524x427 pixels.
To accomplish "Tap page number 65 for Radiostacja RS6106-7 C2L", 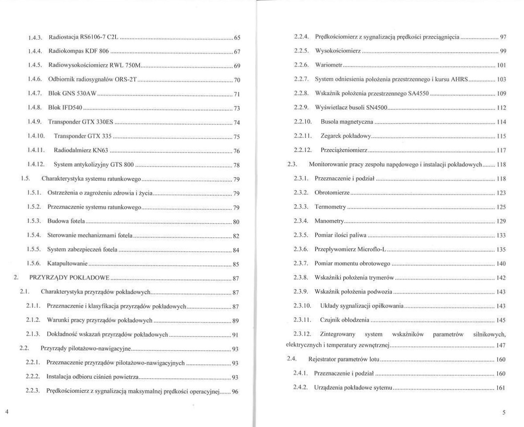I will [x=237, y=38].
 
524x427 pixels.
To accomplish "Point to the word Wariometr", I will [x=328, y=65].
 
